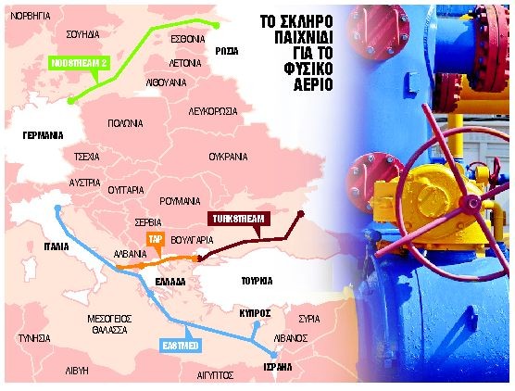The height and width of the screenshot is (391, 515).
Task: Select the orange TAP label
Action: (x=154, y=239)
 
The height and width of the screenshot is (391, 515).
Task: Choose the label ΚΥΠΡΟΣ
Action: (x=254, y=313)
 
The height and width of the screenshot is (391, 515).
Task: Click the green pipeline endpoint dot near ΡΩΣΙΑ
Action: (x=216, y=25)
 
